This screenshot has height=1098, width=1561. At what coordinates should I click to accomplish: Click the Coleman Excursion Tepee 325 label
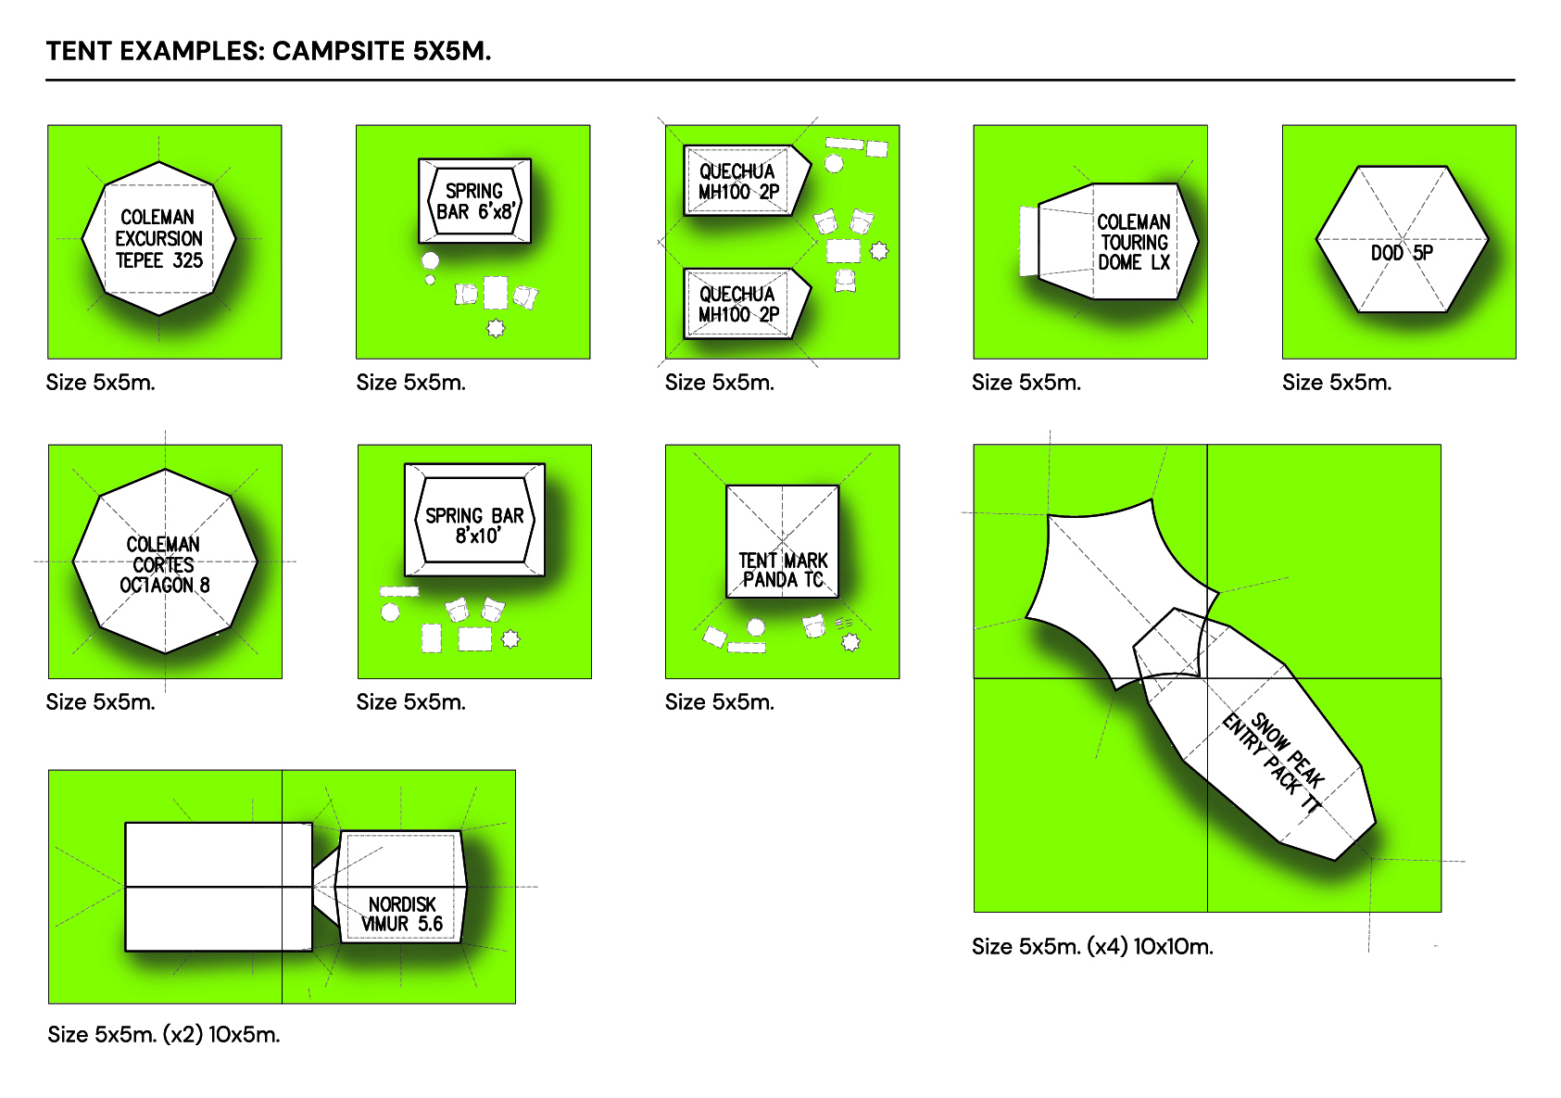(x=158, y=239)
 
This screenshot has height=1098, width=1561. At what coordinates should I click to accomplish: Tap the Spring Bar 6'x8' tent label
(x=475, y=201)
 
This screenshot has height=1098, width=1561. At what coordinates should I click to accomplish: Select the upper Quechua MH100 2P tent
(x=738, y=182)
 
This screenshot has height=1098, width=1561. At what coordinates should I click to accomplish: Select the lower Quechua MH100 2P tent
(x=738, y=304)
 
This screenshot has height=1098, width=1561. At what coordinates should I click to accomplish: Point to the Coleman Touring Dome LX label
(x=1133, y=242)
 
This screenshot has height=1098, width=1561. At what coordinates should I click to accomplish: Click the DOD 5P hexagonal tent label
(x=1402, y=252)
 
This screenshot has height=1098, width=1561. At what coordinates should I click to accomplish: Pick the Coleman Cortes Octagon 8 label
(x=164, y=564)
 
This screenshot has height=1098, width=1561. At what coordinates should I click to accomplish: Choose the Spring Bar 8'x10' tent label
(x=474, y=525)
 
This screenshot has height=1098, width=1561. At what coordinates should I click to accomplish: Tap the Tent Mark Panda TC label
(x=783, y=570)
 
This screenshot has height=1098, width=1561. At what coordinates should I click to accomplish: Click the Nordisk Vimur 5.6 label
(x=402, y=914)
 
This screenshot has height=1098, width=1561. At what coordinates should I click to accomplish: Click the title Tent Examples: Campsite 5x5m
(x=269, y=51)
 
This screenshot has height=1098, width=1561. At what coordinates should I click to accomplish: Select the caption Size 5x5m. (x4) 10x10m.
(x=1092, y=946)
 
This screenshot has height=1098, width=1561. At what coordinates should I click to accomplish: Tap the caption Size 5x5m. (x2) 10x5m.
(x=164, y=1034)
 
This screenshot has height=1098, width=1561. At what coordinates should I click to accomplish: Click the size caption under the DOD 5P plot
(x=1337, y=383)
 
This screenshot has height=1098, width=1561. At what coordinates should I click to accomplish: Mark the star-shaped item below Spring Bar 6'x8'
(x=496, y=328)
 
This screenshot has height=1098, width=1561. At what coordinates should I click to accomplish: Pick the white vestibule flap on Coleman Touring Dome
(x=1028, y=241)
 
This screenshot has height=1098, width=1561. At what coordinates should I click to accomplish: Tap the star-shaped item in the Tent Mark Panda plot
(x=850, y=641)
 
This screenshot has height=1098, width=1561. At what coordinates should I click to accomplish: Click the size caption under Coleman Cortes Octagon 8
(x=101, y=702)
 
